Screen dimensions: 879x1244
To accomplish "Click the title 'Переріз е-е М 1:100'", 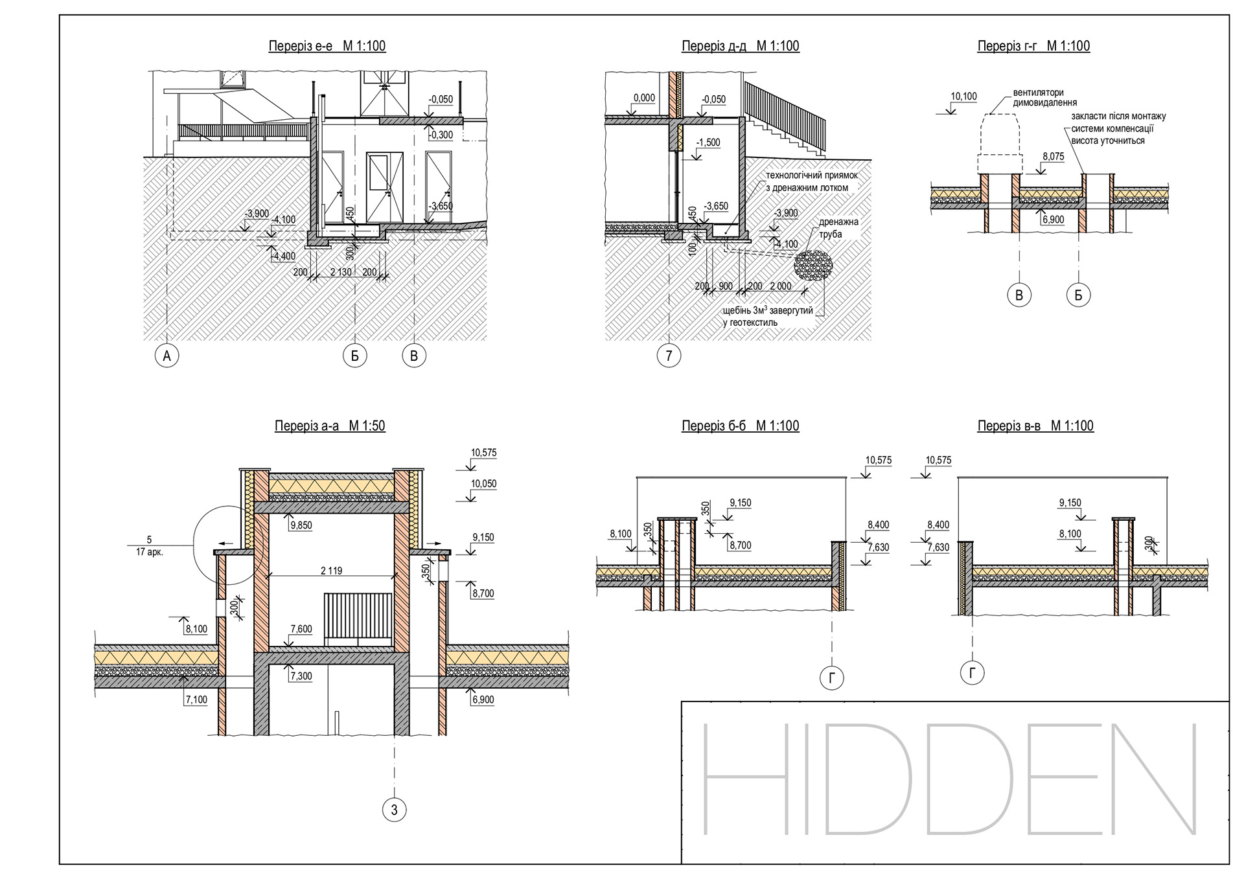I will click(327, 46).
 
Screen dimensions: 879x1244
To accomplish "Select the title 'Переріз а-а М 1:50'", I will click(330, 426).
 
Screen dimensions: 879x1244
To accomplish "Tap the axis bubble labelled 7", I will click(669, 355).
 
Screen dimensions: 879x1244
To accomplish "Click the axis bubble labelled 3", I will click(394, 809).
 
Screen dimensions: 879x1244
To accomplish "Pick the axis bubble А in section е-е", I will click(167, 355).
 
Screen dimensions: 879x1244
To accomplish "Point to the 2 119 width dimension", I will click(331, 571).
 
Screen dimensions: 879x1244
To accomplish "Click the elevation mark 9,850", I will click(301, 526).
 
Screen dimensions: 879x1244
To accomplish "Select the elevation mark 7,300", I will click(301, 676).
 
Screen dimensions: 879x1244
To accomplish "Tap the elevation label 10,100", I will click(963, 97).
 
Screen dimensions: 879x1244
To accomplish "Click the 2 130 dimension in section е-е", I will click(341, 272).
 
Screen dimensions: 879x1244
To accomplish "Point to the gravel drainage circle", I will click(813, 265).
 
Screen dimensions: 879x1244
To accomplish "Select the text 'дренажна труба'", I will click(838, 228).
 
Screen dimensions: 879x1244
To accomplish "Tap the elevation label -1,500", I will click(708, 143).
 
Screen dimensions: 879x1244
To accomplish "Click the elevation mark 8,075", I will click(1053, 157).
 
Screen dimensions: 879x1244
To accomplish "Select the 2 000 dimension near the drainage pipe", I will click(780, 286).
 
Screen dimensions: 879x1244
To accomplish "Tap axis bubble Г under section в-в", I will click(972, 672).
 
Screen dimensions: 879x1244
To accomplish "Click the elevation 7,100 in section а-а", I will click(196, 700).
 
